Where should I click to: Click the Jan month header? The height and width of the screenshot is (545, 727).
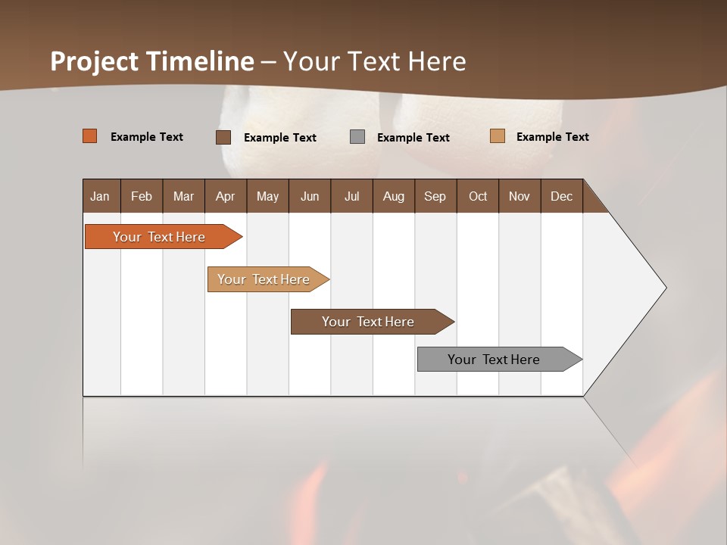pyautogui.click(x=100, y=196)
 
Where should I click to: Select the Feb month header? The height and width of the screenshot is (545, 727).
pyautogui.click(x=142, y=196)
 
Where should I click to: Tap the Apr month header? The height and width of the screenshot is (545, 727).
pyautogui.click(x=225, y=196)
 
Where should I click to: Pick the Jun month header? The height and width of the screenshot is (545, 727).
pyautogui.click(x=310, y=196)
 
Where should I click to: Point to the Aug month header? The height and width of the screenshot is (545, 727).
pyautogui.click(x=393, y=196)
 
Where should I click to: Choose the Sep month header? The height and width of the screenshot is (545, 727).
pyautogui.click(x=435, y=196)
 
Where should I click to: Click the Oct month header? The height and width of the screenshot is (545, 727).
pyautogui.click(x=478, y=196)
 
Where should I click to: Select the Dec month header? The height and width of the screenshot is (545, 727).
pyautogui.click(x=561, y=196)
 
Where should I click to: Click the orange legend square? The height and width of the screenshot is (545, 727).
pyautogui.click(x=90, y=136)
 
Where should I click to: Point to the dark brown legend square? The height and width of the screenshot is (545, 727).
pyautogui.click(x=223, y=137)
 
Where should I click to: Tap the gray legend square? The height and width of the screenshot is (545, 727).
pyautogui.click(x=357, y=137)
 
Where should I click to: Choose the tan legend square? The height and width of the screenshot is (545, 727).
pyautogui.click(x=498, y=136)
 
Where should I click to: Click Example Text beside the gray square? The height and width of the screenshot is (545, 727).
pyautogui.click(x=413, y=138)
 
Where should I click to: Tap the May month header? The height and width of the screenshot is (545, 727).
pyautogui.click(x=267, y=196)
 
